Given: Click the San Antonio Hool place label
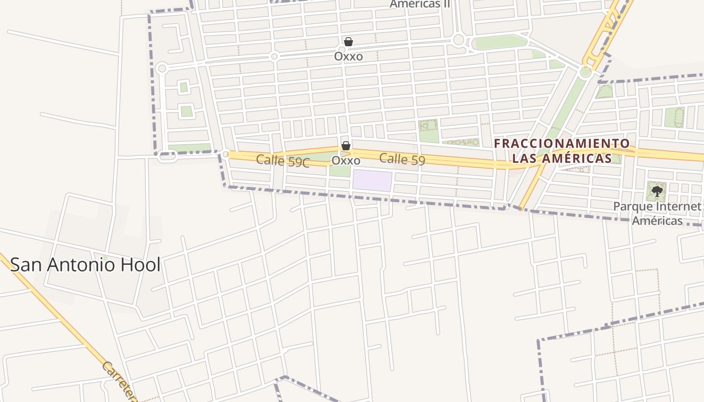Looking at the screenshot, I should (85, 265).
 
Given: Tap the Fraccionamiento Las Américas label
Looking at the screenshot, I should (562, 151).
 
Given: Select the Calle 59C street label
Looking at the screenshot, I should (283, 161).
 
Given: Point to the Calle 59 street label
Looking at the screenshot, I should (402, 159).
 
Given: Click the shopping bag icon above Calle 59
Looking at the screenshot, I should (346, 146).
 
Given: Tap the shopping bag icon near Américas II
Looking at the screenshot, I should (348, 42).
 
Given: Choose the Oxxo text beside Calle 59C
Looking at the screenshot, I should (346, 161).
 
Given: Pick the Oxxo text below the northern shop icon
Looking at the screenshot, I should (348, 56).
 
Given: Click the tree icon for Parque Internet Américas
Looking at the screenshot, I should (657, 191).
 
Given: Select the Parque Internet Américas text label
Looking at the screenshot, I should (657, 214).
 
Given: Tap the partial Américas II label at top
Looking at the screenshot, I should (420, 5).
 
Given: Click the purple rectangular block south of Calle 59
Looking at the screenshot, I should (372, 181).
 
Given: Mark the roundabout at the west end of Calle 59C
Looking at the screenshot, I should (226, 154).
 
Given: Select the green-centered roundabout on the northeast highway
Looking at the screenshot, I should (585, 72).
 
